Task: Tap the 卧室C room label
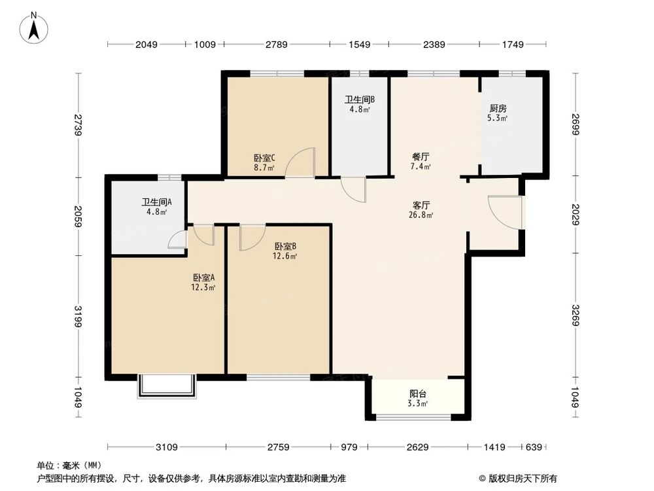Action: click(x=264, y=158)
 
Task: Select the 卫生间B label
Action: click(x=359, y=100)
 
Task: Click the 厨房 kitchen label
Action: click(x=498, y=109)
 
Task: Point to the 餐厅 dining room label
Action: click(x=421, y=157)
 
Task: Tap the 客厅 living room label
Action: click(x=420, y=204)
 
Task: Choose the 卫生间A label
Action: click(x=156, y=203)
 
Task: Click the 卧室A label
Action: click(x=203, y=277)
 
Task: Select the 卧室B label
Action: click(x=286, y=246)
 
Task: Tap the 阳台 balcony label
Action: click(x=419, y=394)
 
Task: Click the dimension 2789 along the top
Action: click(x=276, y=45)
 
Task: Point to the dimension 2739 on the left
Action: click(x=78, y=125)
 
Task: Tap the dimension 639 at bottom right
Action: click(x=534, y=447)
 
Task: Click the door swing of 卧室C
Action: click(x=302, y=162)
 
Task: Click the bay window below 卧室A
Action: click(x=167, y=386)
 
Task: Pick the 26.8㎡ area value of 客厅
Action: click(x=421, y=213)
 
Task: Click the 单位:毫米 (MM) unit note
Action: click(x=66, y=465)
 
